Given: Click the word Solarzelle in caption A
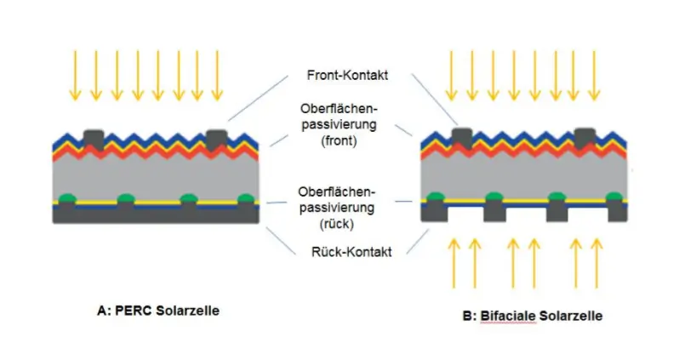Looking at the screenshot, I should click(188, 311).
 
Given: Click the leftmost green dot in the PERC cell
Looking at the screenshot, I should click(66, 199).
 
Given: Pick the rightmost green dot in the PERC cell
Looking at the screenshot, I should click(247, 199).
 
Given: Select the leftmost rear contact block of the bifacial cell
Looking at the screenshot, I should click(436, 209).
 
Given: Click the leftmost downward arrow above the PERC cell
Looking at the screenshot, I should click(75, 74).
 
